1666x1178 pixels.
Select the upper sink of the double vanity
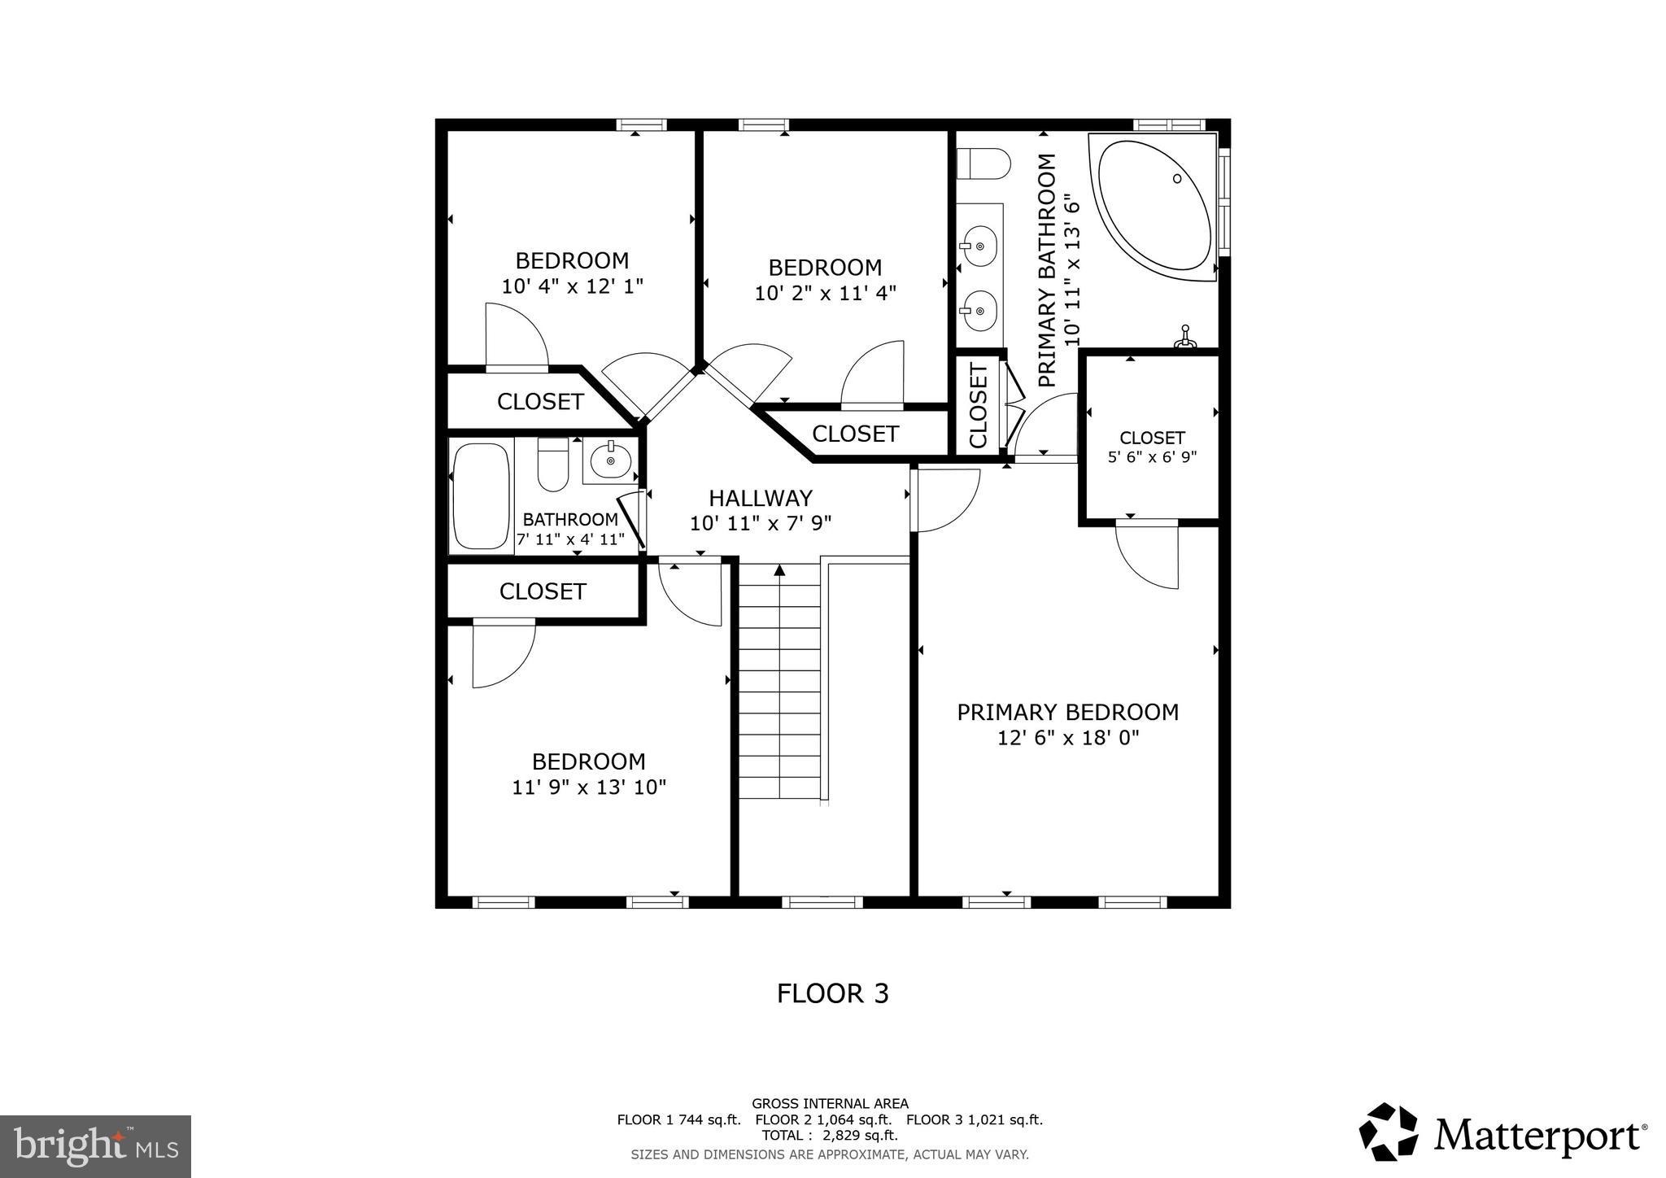(979, 245)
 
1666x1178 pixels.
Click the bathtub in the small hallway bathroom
(481, 495)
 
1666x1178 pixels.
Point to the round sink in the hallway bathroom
(610, 461)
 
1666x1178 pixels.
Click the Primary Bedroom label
(1067, 713)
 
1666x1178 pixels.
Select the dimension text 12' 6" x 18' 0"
(1067, 738)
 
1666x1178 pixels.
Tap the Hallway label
(760, 498)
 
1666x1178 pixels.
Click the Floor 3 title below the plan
(832, 993)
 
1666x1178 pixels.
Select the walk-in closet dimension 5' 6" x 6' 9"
(1152, 457)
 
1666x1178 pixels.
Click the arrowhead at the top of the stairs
(779, 569)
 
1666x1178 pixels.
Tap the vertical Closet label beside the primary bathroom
(978, 405)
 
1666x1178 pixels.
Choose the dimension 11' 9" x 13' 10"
(589, 788)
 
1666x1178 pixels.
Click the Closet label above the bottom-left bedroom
(543, 591)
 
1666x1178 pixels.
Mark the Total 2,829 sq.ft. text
(829, 1136)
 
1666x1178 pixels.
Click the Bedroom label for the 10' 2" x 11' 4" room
(825, 268)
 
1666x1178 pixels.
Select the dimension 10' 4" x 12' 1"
(572, 286)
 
